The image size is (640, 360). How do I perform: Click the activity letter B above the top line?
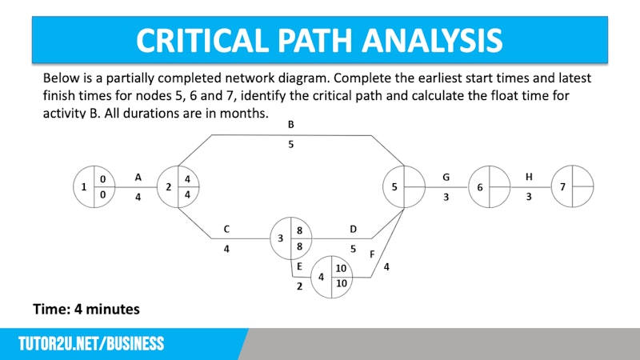point(290,125)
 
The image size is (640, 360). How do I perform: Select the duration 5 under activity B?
point(290,144)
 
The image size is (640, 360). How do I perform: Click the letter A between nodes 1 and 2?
point(138,178)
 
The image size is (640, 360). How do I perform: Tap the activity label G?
point(446,178)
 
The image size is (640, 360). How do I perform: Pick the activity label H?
point(529,177)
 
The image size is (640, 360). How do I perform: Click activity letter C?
point(226,230)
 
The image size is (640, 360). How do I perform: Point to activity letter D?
point(353,230)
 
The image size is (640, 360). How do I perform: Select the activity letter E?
point(299,266)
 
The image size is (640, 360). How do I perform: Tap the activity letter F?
point(372,254)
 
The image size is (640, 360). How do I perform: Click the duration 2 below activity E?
point(299,286)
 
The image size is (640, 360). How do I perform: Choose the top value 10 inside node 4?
point(341,268)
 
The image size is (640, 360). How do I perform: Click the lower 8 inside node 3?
point(299,246)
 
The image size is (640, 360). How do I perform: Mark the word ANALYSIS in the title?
point(432,40)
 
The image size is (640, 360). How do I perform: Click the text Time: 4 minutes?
point(86,309)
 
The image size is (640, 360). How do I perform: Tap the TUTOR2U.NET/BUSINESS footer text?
point(91,344)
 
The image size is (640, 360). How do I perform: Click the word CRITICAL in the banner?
point(202,40)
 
